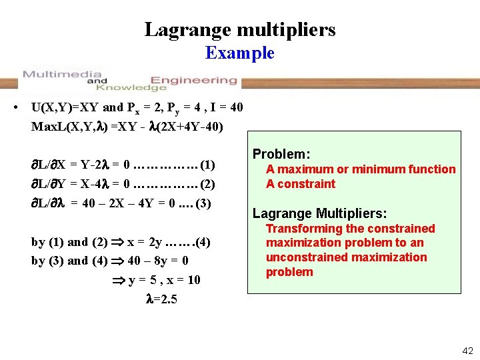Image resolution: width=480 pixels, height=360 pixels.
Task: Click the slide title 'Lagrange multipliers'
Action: (x=240, y=29)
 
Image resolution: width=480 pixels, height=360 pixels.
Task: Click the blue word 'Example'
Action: (x=240, y=53)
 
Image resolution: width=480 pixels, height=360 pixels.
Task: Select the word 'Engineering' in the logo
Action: (x=193, y=80)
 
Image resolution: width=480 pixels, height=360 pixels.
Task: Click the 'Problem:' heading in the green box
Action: (x=281, y=154)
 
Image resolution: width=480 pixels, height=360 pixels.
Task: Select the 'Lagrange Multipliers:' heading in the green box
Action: (x=319, y=213)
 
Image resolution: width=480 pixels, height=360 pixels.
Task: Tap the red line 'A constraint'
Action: (x=301, y=184)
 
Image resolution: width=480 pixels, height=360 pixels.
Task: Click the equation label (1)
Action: (x=207, y=164)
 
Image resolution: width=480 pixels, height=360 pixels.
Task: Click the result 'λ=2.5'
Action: (x=161, y=299)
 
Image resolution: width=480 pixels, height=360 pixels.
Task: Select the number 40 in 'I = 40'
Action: (x=235, y=107)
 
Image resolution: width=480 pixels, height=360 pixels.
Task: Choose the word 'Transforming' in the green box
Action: (x=299, y=229)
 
